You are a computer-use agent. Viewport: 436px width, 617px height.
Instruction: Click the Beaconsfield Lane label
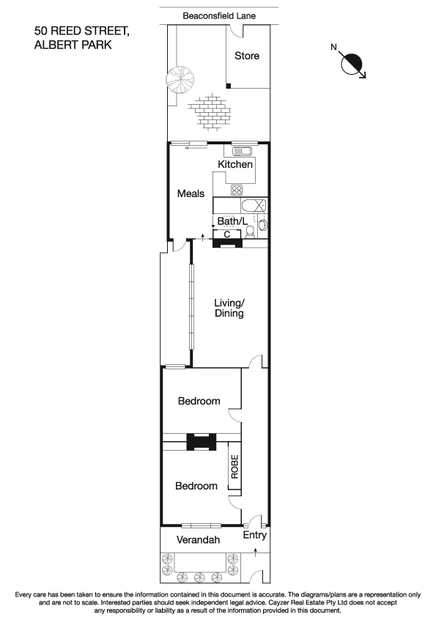click(219, 15)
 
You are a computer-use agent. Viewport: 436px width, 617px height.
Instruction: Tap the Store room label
click(246, 56)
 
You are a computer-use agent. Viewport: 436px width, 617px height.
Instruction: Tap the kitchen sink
click(242, 152)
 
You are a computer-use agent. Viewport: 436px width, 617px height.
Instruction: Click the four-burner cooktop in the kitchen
click(237, 190)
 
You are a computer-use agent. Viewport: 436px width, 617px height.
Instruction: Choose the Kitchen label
click(235, 165)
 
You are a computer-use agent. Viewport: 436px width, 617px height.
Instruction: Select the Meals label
click(191, 193)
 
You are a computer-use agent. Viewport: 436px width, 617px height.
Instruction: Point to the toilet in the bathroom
click(251, 232)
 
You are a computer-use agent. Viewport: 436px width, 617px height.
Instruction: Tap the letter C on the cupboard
click(226, 234)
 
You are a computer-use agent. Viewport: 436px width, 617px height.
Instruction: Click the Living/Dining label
click(229, 308)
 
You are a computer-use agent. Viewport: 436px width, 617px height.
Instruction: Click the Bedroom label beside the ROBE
click(196, 486)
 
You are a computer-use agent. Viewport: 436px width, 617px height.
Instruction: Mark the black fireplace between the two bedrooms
click(200, 442)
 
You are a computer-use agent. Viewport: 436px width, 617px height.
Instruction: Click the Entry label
click(255, 536)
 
